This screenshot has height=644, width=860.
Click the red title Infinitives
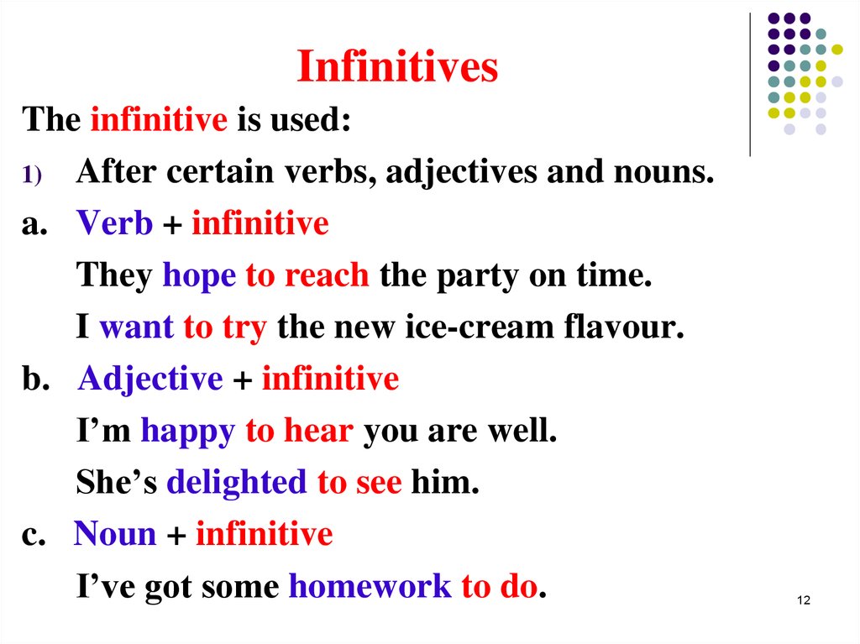coord(397,68)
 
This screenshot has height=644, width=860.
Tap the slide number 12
coord(803,600)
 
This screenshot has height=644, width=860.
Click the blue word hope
coord(199,275)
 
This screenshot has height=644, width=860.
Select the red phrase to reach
coord(307,275)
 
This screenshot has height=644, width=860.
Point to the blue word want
coord(137,327)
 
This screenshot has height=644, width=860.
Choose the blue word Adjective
coord(150,380)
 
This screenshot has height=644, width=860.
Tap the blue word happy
coord(188,432)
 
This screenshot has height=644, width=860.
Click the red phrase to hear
coord(299,432)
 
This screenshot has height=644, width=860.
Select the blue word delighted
coord(237,483)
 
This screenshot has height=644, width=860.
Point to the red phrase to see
coord(359,483)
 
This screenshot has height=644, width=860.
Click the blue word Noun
coord(115,534)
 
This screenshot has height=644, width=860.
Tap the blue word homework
coord(370,586)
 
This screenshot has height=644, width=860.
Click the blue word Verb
coord(115,224)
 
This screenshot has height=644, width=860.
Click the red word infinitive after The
coord(159,120)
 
